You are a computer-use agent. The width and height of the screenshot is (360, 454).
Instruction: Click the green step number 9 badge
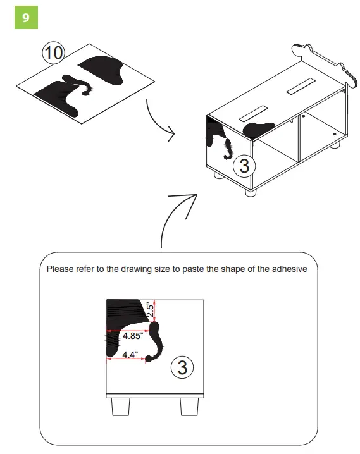pyautogui.click(x=26, y=18)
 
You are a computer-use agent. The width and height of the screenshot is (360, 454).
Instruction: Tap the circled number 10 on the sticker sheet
pyautogui.click(x=53, y=53)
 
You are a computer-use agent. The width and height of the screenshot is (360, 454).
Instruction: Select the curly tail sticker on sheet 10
pyautogui.click(x=80, y=85)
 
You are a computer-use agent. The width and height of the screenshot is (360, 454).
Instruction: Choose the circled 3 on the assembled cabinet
pyautogui.click(x=244, y=167)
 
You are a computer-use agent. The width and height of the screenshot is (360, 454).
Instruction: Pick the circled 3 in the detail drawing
pyautogui.click(x=182, y=367)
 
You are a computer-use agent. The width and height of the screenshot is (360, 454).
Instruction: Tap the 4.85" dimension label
pyautogui.click(x=132, y=336)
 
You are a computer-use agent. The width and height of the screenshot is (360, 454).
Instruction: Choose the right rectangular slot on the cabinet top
pyautogui.click(x=300, y=87)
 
